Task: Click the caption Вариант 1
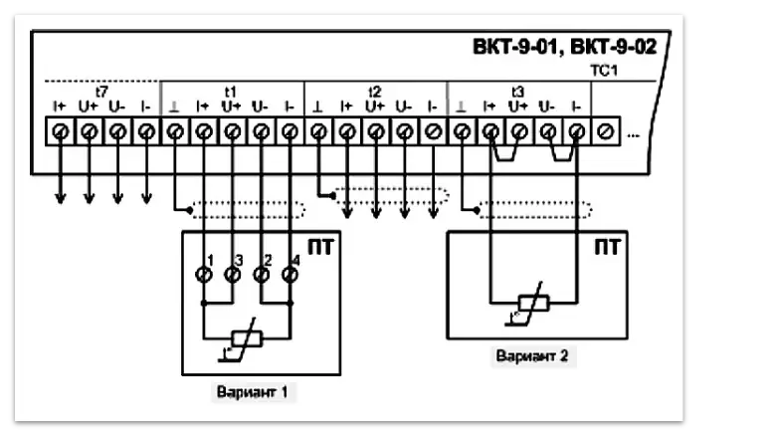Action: (252, 391)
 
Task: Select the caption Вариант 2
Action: (534, 354)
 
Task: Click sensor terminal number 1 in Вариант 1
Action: (204, 272)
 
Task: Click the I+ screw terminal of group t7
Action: (60, 129)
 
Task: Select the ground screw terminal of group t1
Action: (175, 129)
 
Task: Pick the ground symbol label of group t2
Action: (318, 106)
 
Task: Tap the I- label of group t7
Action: (146, 106)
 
